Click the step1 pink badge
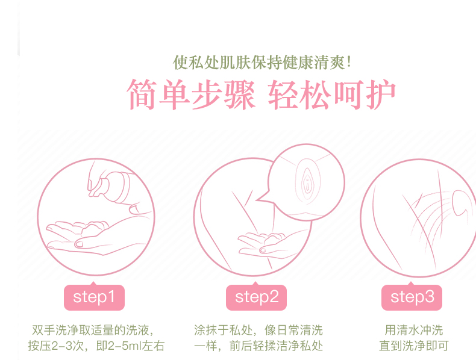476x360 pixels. click(94, 297)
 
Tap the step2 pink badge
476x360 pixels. click(256, 297)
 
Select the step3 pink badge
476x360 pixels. click(412, 297)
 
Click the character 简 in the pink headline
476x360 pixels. click(142, 95)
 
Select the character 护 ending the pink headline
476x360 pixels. click(381, 95)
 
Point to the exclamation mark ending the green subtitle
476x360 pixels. click(348, 63)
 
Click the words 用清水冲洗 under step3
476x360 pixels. click(414, 330)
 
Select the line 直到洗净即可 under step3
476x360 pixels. click(414, 346)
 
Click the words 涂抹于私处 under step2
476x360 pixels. click(223, 330)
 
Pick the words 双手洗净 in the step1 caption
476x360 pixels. click(55, 330)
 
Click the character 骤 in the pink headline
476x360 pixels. click(239, 95)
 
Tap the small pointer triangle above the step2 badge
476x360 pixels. click(255, 284)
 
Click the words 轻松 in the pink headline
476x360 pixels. click(299, 95)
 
